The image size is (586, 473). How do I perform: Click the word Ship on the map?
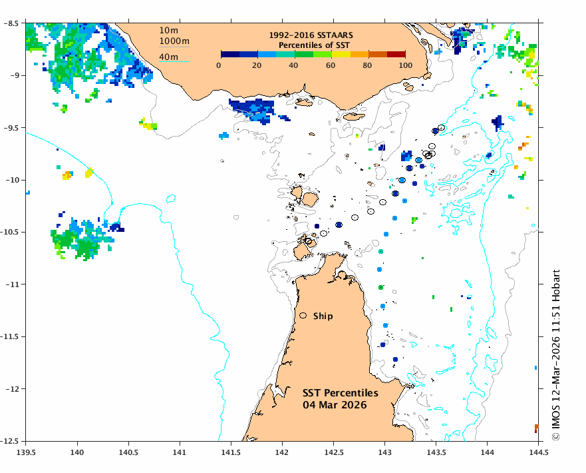click(323, 316)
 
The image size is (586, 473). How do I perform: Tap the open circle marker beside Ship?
click(303, 316)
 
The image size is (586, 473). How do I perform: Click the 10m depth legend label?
click(169, 30)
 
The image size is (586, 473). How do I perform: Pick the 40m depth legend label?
click(169, 57)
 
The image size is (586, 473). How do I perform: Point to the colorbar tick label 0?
click(220, 65)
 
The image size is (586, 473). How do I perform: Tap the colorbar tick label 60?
click(331, 65)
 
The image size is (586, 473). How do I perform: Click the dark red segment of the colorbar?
click(396, 55)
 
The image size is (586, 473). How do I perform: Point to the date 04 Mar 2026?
click(331, 405)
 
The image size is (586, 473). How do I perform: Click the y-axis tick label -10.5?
click(11, 233)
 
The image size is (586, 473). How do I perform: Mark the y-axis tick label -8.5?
click(11, 24)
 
